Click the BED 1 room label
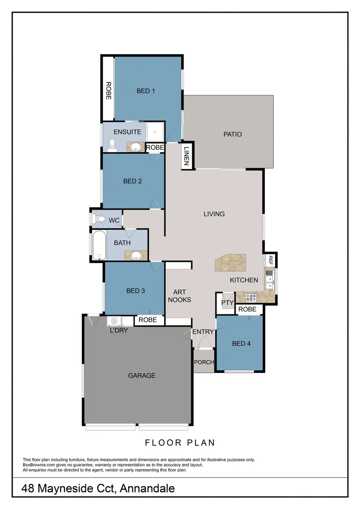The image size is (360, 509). point(146,91)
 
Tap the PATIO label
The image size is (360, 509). point(232,134)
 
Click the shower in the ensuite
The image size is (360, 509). point(155,131)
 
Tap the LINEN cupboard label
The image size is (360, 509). point(187,156)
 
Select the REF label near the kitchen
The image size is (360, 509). point(270,259)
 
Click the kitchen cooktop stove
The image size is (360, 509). point(250,297)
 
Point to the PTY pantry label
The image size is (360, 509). point(228,303)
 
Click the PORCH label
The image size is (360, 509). point(204,362)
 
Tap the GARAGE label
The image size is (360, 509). point(141,376)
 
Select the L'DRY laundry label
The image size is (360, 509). point(119,330)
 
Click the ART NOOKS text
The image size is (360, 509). point(179,296)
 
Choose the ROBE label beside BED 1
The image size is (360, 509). point(108,90)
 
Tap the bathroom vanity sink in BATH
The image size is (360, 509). point(136,256)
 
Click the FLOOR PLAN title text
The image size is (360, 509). point(180,443)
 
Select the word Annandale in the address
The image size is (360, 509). point(147,489)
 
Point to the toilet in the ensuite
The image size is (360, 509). point(113,144)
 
